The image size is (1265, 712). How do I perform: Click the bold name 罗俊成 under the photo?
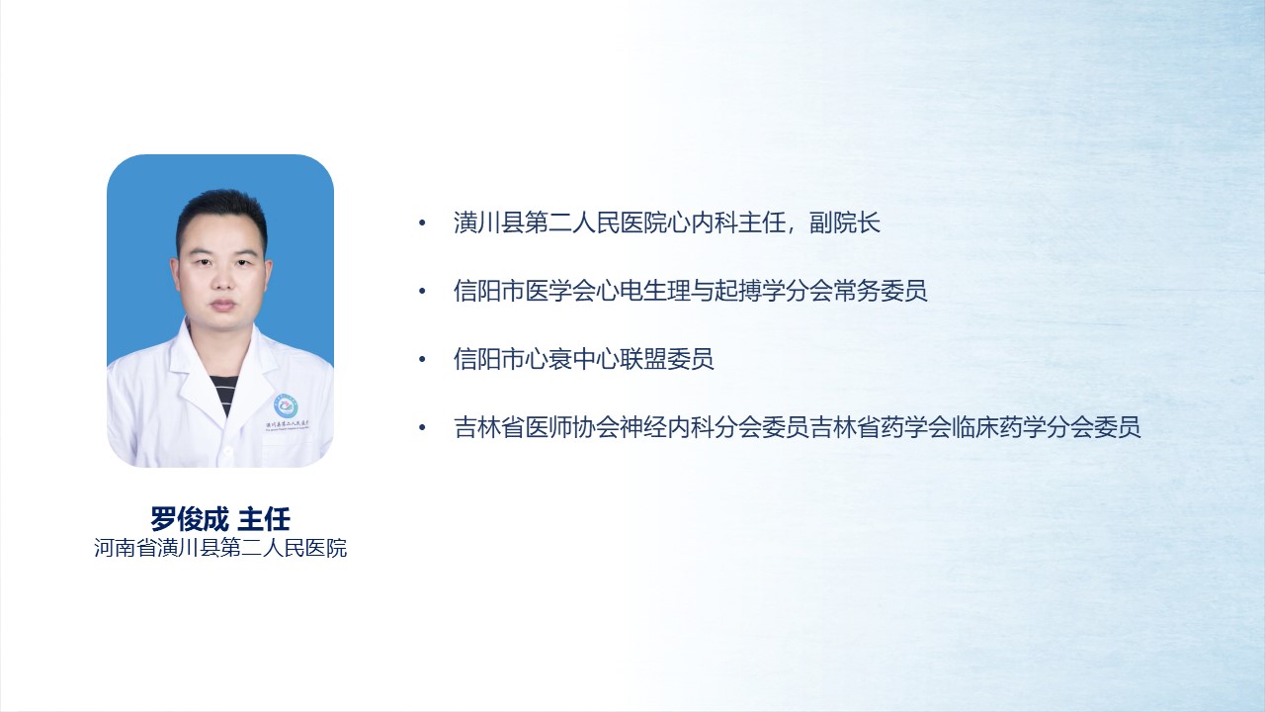[189, 519]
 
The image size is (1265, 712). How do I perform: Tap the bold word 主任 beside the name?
[264, 519]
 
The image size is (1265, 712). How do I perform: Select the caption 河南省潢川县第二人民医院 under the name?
[220, 548]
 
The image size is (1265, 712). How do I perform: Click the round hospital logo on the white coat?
[287, 406]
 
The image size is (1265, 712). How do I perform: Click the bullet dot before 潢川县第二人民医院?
[422, 223]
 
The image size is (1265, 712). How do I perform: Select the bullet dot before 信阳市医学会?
[422, 292]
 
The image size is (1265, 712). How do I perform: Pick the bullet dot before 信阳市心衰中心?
[422, 359]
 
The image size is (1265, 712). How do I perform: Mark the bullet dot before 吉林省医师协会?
[422, 428]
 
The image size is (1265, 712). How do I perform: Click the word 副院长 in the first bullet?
[845, 222]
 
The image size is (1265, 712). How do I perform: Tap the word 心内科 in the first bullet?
[702, 222]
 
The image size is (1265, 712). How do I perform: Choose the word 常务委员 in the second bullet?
[880, 291]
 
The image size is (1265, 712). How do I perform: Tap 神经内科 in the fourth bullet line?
[666, 427]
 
